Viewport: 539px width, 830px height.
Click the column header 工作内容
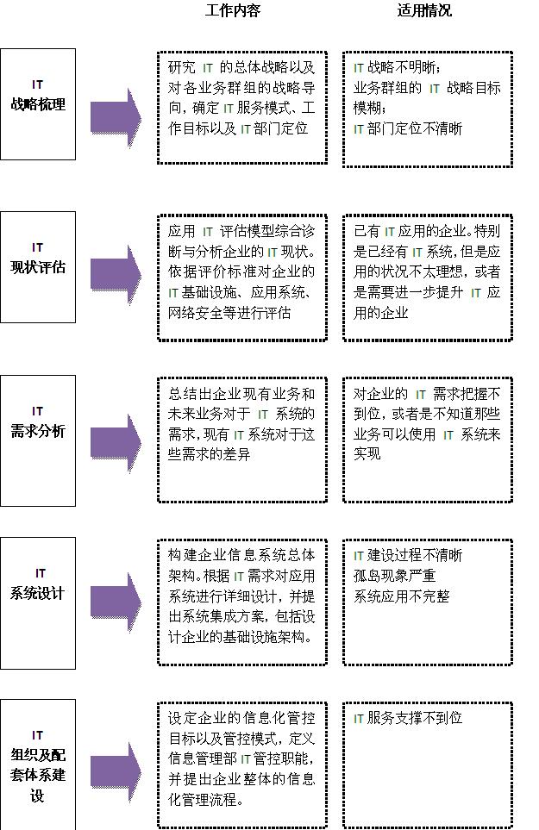click(x=233, y=11)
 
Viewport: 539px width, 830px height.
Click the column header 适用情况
click(x=424, y=11)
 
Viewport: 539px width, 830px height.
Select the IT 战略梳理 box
click(x=38, y=103)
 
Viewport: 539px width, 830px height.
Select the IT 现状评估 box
click(x=38, y=266)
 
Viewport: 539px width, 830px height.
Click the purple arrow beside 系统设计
click(x=116, y=602)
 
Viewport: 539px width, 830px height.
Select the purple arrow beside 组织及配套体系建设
click(x=116, y=765)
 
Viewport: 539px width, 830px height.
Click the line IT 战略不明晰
click(x=398, y=67)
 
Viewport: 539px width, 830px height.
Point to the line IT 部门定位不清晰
click(x=408, y=128)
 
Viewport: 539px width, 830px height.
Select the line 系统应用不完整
click(x=401, y=596)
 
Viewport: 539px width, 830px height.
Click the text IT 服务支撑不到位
click(x=408, y=717)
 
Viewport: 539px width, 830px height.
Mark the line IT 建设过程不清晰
click(x=408, y=555)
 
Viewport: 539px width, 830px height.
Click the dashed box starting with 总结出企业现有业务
click(x=242, y=440)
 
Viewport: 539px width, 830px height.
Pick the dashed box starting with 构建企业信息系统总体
click(x=242, y=602)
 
